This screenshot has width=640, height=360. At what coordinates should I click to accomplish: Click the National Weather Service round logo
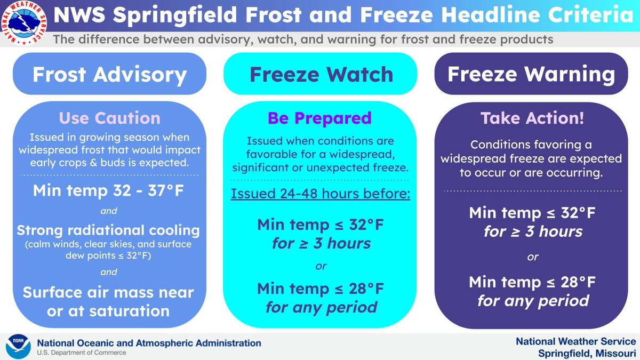(24, 24)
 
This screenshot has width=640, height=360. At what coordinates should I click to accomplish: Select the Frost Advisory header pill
(109, 75)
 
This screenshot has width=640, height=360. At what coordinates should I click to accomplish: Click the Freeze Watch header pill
(321, 75)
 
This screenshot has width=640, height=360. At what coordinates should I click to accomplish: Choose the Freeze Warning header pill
(531, 75)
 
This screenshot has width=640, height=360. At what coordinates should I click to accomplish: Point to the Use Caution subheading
(109, 118)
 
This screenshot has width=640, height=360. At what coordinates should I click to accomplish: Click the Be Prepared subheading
(320, 118)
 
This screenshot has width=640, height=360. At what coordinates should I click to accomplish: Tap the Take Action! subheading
(532, 118)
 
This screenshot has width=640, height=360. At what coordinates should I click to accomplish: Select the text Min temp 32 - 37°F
(109, 190)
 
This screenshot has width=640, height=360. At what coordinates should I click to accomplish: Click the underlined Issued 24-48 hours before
(321, 193)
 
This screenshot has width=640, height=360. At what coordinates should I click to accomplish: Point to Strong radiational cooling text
(109, 230)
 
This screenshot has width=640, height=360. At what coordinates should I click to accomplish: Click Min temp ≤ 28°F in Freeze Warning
(532, 281)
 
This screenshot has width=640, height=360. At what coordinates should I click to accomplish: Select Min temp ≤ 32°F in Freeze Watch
(321, 224)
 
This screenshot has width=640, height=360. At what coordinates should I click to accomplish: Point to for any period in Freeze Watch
(321, 307)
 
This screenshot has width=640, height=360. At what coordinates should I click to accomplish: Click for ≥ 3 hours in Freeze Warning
(532, 231)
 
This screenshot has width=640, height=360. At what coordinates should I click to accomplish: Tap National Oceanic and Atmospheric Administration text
(149, 343)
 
